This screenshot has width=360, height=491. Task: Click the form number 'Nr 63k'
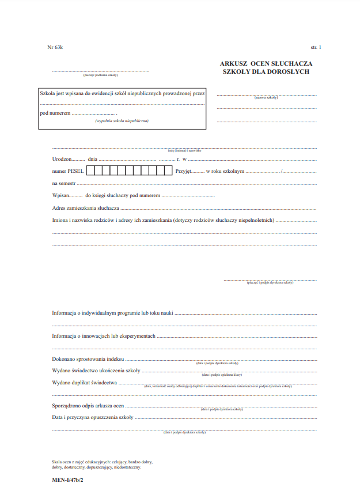(55, 47)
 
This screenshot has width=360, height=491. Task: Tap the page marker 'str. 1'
(316, 47)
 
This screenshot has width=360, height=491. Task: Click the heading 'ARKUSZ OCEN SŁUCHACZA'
(267, 63)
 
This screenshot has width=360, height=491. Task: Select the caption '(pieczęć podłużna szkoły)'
(100, 75)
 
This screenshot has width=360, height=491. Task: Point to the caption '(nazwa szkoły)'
(266, 97)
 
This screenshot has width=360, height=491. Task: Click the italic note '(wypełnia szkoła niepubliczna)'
(122, 121)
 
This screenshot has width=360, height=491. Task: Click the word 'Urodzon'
(62, 158)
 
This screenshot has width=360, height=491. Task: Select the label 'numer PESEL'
(68, 171)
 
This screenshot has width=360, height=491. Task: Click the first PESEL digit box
(91, 171)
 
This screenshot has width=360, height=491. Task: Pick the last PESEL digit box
(168, 171)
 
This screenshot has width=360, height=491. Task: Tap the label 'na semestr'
(63, 183)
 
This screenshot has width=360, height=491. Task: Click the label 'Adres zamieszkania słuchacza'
(86, 207)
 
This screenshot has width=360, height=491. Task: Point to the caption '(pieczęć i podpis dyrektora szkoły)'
(270, 283)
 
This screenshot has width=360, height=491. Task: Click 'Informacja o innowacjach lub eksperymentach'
(104, 336)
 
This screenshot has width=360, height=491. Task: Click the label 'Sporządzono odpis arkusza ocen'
(88, 406)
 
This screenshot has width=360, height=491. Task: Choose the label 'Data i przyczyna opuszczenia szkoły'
(93, 417)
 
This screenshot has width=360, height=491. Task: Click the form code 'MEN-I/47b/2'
(68, 479)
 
